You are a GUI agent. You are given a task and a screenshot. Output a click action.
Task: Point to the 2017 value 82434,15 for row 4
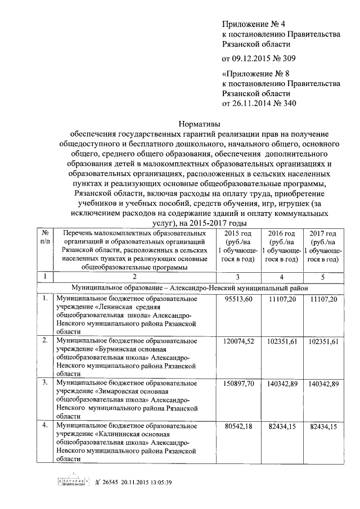point(323,426)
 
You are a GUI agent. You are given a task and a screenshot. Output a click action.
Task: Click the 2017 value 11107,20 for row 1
point(323,300)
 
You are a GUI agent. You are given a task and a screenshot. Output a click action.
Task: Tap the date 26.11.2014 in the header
point(251,103)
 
